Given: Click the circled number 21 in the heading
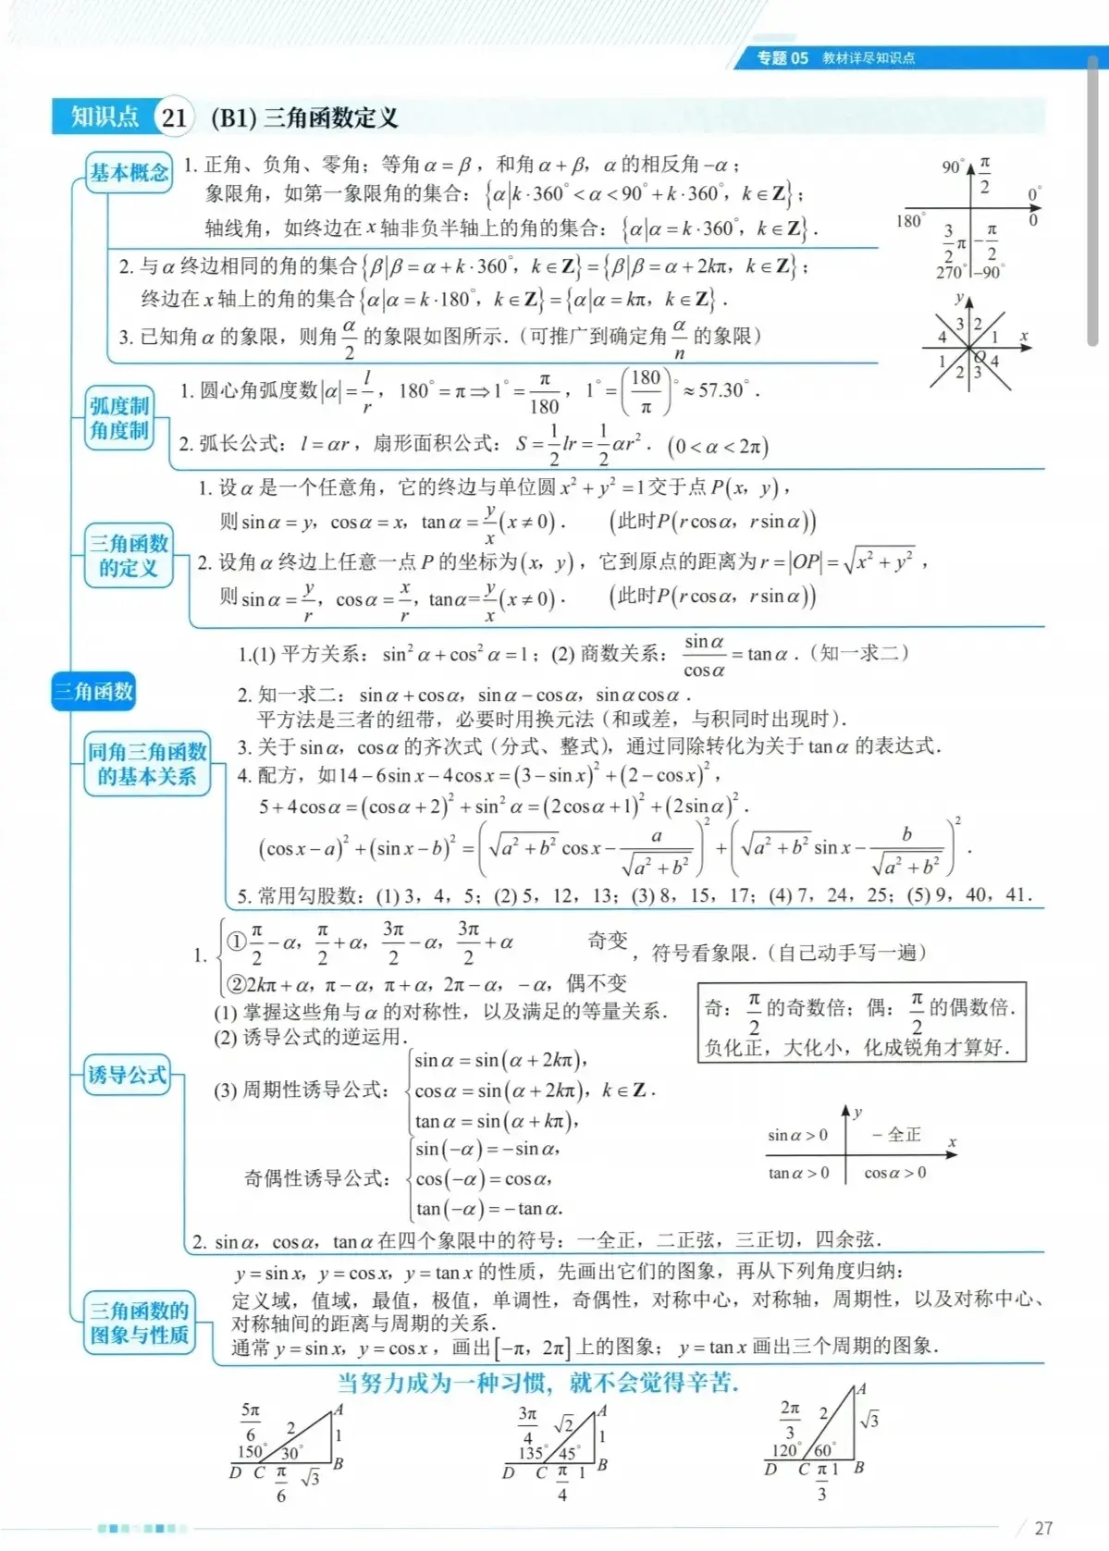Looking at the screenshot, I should [x=173, y=117].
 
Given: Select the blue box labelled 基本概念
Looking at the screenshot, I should [x=129, y=172].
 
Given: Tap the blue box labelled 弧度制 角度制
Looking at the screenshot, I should [x=119, y=418].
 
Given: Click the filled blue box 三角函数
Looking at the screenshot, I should [x=93, y=691].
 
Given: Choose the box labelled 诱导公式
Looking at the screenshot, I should [x=128, y=1075].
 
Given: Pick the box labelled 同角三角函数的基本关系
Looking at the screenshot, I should [x=147, y=764].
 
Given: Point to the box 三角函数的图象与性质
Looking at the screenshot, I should [x=140, y=1323].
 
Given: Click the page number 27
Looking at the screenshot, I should [x=1043, y=1528].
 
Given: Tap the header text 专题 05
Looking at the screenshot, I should [x=782, y=58].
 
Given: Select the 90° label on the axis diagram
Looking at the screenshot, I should [x=953, y=167].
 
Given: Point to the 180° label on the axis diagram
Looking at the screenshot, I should [x=909, y=221].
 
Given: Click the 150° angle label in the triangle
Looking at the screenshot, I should [x=252, y=1451].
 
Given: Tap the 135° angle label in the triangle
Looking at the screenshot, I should [x=531, y=1452].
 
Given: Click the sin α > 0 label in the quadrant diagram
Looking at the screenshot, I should [x=797, y=1135].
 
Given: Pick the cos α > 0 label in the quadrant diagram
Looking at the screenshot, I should [x=894, y=1173].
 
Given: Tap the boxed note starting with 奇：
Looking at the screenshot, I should [x=861, y=1021].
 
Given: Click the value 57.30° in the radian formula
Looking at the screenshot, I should [x=723, y=390].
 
